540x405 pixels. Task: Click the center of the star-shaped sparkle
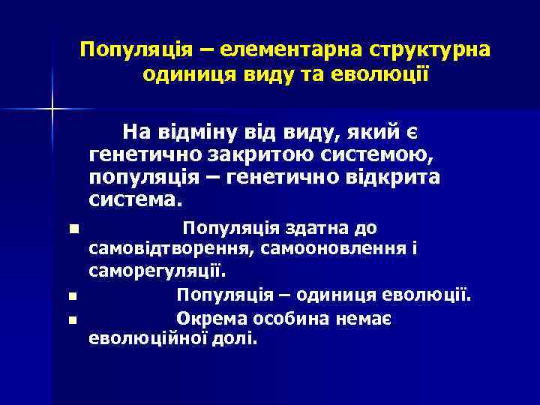pyautogui.click(x=52, y=109)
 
